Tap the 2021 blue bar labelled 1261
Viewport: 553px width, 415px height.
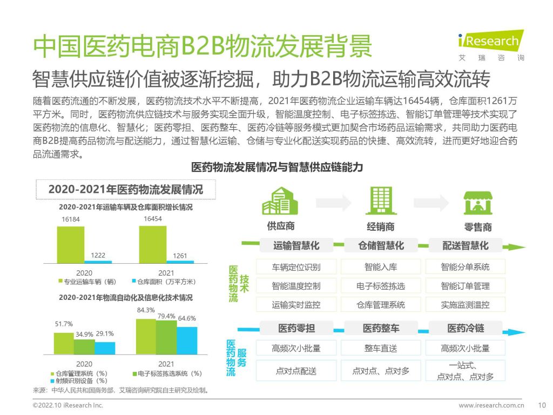(x=180, y=262)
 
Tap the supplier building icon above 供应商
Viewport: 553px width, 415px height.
(x=280, y=202)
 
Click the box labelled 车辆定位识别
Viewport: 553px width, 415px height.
(x=296, y=266)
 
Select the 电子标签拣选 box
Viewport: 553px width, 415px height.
(x=381, y=286)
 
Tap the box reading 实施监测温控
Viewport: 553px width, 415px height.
(x=465, y=305)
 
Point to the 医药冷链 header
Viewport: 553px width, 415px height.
(x=466, y=328)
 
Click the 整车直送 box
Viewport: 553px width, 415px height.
(x=381, y=348)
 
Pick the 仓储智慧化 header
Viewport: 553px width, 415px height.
(x=381, y=245)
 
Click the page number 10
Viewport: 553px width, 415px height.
(x=543, y=405)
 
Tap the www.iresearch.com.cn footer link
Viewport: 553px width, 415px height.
(x=491, y=405)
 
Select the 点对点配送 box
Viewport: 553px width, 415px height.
(x=296, y=371)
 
